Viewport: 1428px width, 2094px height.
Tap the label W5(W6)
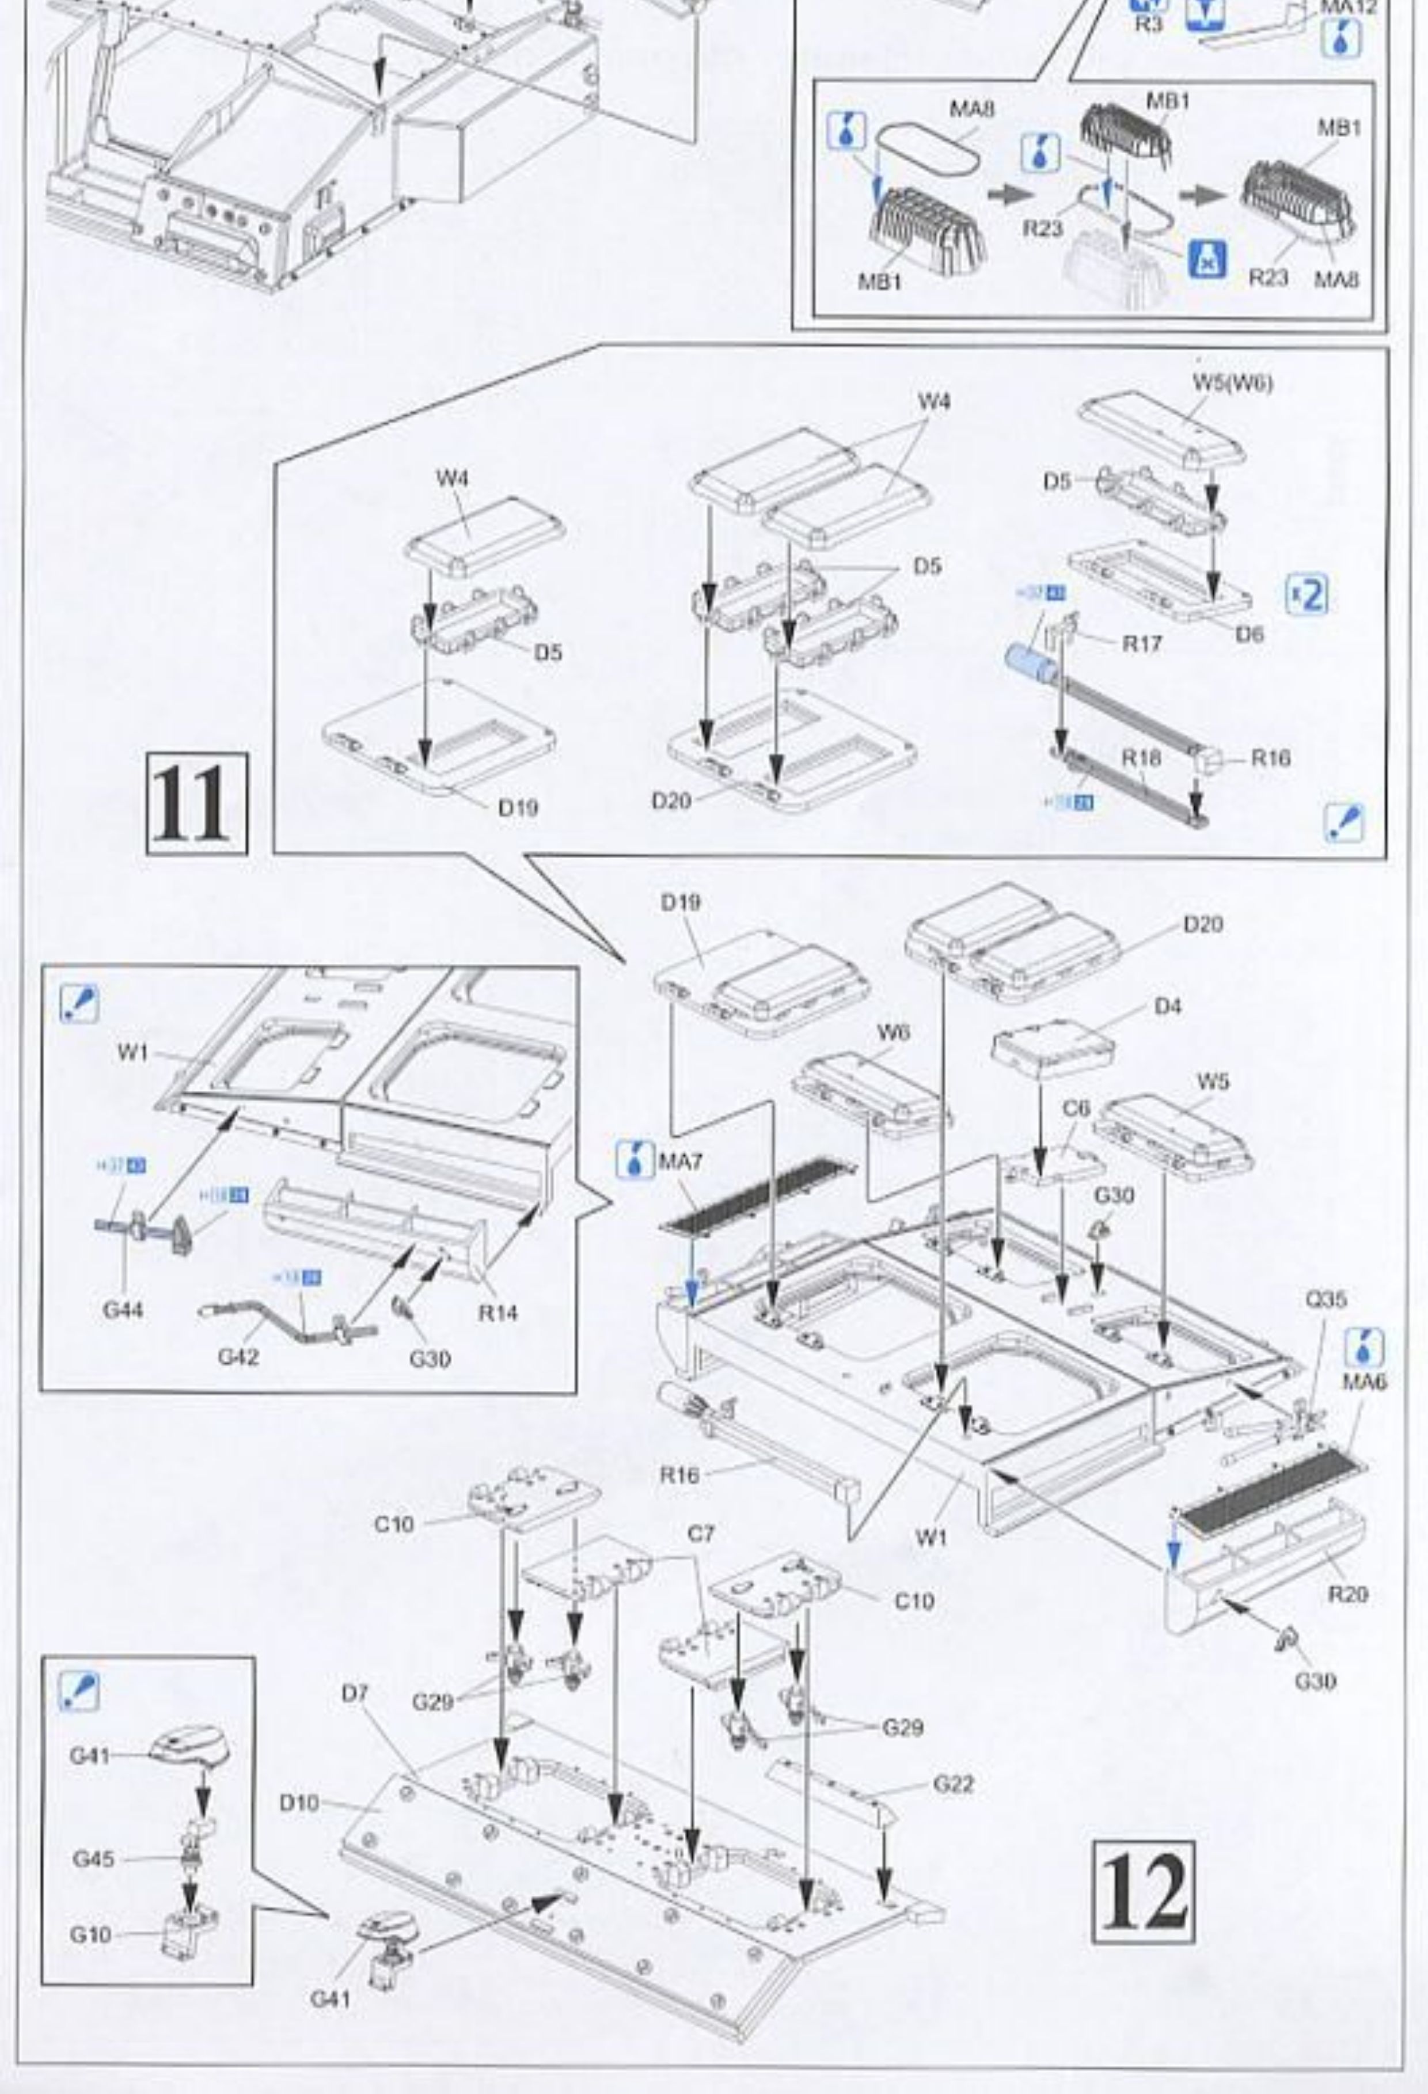(x=1232, y=383)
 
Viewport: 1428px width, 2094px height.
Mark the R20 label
(x=1348, y=1595)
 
